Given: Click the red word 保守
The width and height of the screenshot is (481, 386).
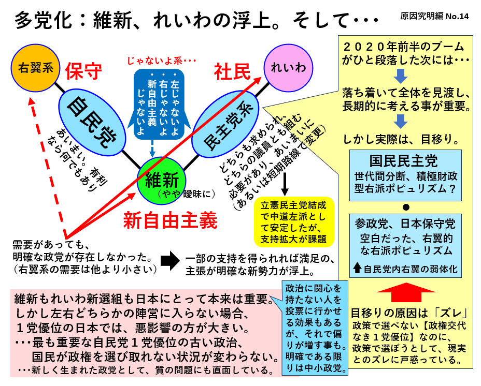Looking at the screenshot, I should (x=83, y=71).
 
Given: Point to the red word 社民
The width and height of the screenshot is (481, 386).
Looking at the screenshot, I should (x=232, y=71).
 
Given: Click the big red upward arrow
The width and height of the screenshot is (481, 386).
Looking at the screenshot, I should (x=406, y=294).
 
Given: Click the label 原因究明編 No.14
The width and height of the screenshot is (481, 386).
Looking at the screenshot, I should (x=434, y=16).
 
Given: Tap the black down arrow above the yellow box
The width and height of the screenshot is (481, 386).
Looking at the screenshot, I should (x=285, y=184).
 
